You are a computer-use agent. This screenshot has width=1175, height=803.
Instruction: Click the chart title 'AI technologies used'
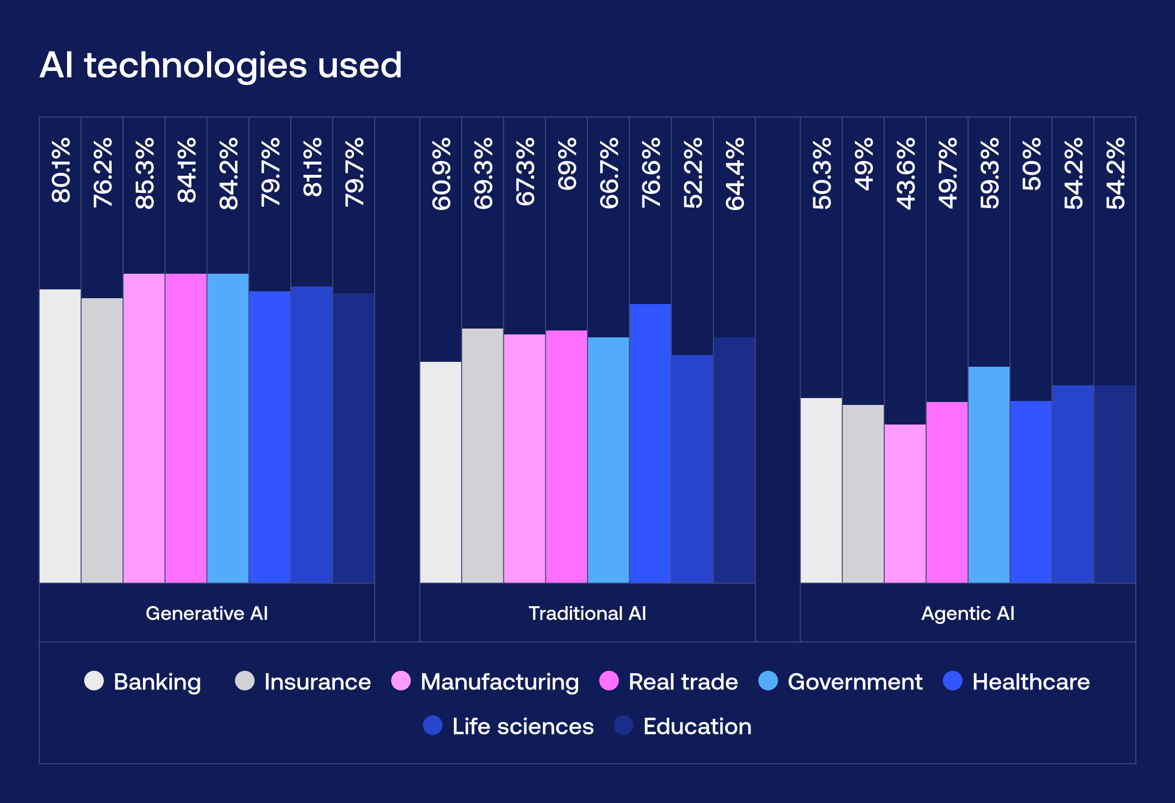[x=220, y=65]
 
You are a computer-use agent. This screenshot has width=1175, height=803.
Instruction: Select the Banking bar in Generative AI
[x=60, y=436]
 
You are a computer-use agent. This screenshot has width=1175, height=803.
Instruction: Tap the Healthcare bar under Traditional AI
[x=650, y=443]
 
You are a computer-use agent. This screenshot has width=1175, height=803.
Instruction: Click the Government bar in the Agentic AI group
[x=989, y=474]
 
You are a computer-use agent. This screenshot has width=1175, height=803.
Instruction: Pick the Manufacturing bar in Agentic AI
[x=905, y=503]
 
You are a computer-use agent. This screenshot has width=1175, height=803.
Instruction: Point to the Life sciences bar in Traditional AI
[x=692, y=468]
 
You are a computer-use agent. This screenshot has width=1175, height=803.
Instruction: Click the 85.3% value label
[x=144, y=173]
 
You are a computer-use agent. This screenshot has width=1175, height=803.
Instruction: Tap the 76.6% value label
[x=651, y=172]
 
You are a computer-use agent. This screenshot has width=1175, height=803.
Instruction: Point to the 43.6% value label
[x=906, y=173]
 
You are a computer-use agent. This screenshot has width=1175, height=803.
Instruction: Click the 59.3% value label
[x=989, y=173]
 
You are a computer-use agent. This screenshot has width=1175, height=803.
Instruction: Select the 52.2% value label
[x=693, y=173]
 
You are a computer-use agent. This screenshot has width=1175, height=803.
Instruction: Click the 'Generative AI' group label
[x=207, y=614]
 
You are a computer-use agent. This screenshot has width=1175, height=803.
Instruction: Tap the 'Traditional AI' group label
[x=587, y=614]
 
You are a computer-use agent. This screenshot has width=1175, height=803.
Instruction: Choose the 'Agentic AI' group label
[x=968, y=614]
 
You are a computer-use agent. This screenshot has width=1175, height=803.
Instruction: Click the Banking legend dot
[x=94, y=681]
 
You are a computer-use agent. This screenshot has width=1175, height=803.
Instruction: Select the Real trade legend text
[x=683, y=682]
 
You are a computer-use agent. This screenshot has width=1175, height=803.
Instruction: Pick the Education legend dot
[x=623, y=725]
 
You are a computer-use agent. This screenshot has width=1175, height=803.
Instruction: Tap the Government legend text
[x=855, y=682]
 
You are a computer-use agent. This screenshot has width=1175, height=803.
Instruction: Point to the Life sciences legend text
[x=523, y=726]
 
